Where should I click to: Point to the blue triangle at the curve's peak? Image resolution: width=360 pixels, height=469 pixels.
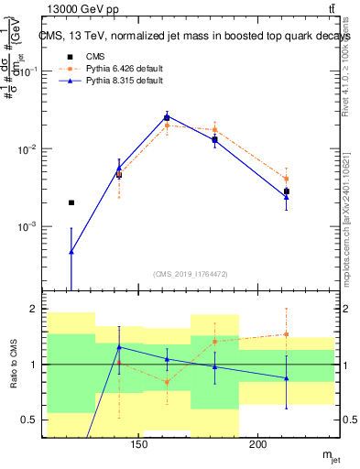click(167, 116)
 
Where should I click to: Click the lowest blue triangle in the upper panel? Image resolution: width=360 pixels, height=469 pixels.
click(71, 251)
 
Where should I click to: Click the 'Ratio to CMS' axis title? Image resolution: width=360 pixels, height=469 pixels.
click(12, 366)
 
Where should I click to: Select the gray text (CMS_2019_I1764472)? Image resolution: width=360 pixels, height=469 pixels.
click(191, 274)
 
